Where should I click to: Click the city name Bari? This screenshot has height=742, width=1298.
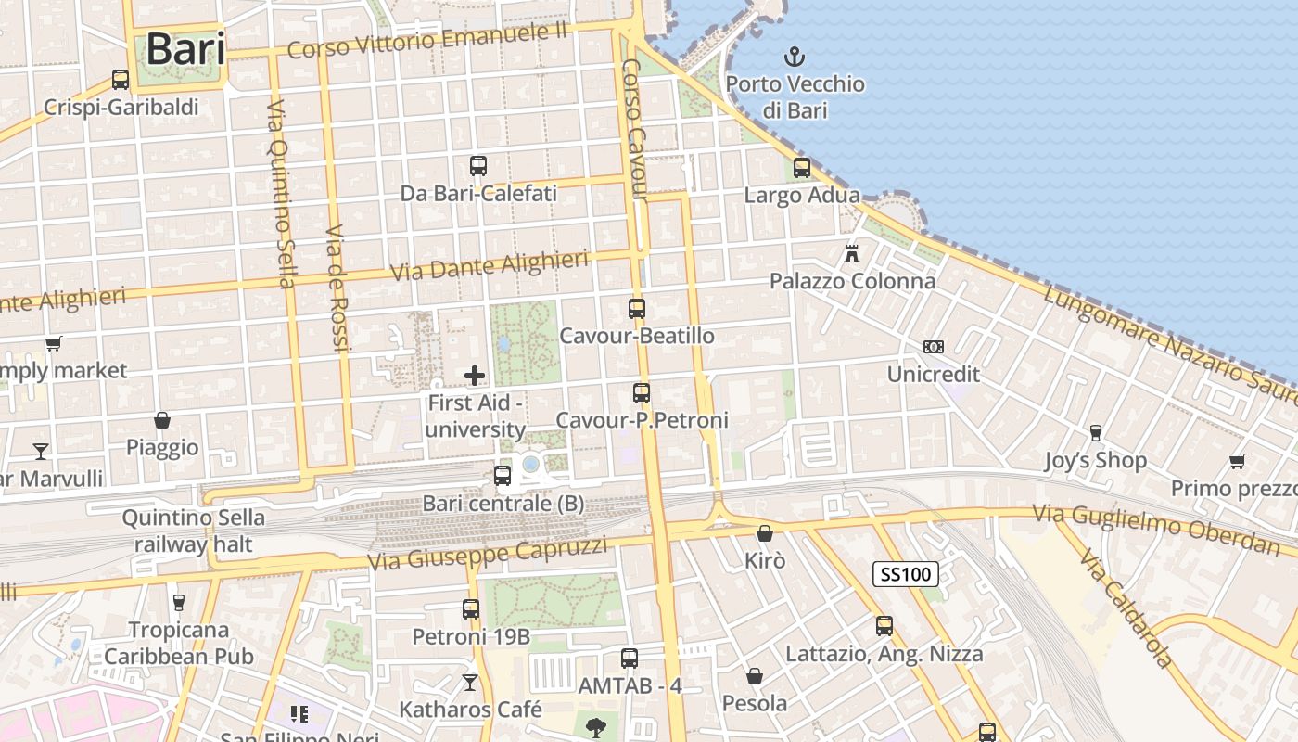[x=185, y=48]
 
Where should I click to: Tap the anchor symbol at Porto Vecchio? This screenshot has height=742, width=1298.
[x=794, y=56]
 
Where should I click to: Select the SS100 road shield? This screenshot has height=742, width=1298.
[x=906, y=574]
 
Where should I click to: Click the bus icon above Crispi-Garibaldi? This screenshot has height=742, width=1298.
[x=121, y=80]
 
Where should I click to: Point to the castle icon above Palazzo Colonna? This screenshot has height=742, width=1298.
[x=852, y=252]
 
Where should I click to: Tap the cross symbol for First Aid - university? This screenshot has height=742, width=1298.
[x=475, y=376]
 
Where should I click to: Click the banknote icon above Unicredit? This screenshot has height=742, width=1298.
[x=933, y=347]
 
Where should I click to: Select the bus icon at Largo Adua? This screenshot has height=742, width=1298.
[x=802, y=168]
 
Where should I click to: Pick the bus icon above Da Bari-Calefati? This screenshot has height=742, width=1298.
[x=478, y=166]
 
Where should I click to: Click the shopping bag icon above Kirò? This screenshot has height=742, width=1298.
[x=765, y=533]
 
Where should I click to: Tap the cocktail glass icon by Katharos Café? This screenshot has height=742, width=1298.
[x=470, y=683]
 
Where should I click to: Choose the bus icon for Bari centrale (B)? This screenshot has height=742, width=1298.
[x=503, y=476]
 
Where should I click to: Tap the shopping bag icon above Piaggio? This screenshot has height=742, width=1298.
[x=162, y=420]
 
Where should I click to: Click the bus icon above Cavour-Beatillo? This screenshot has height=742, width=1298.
[x=637, y=309]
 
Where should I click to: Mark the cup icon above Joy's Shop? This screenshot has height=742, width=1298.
[x=1095, y=432]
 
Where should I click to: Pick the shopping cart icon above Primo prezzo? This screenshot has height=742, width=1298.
[x=1237, y=460]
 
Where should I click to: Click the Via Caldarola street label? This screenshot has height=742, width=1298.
[x=1127, y=608]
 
